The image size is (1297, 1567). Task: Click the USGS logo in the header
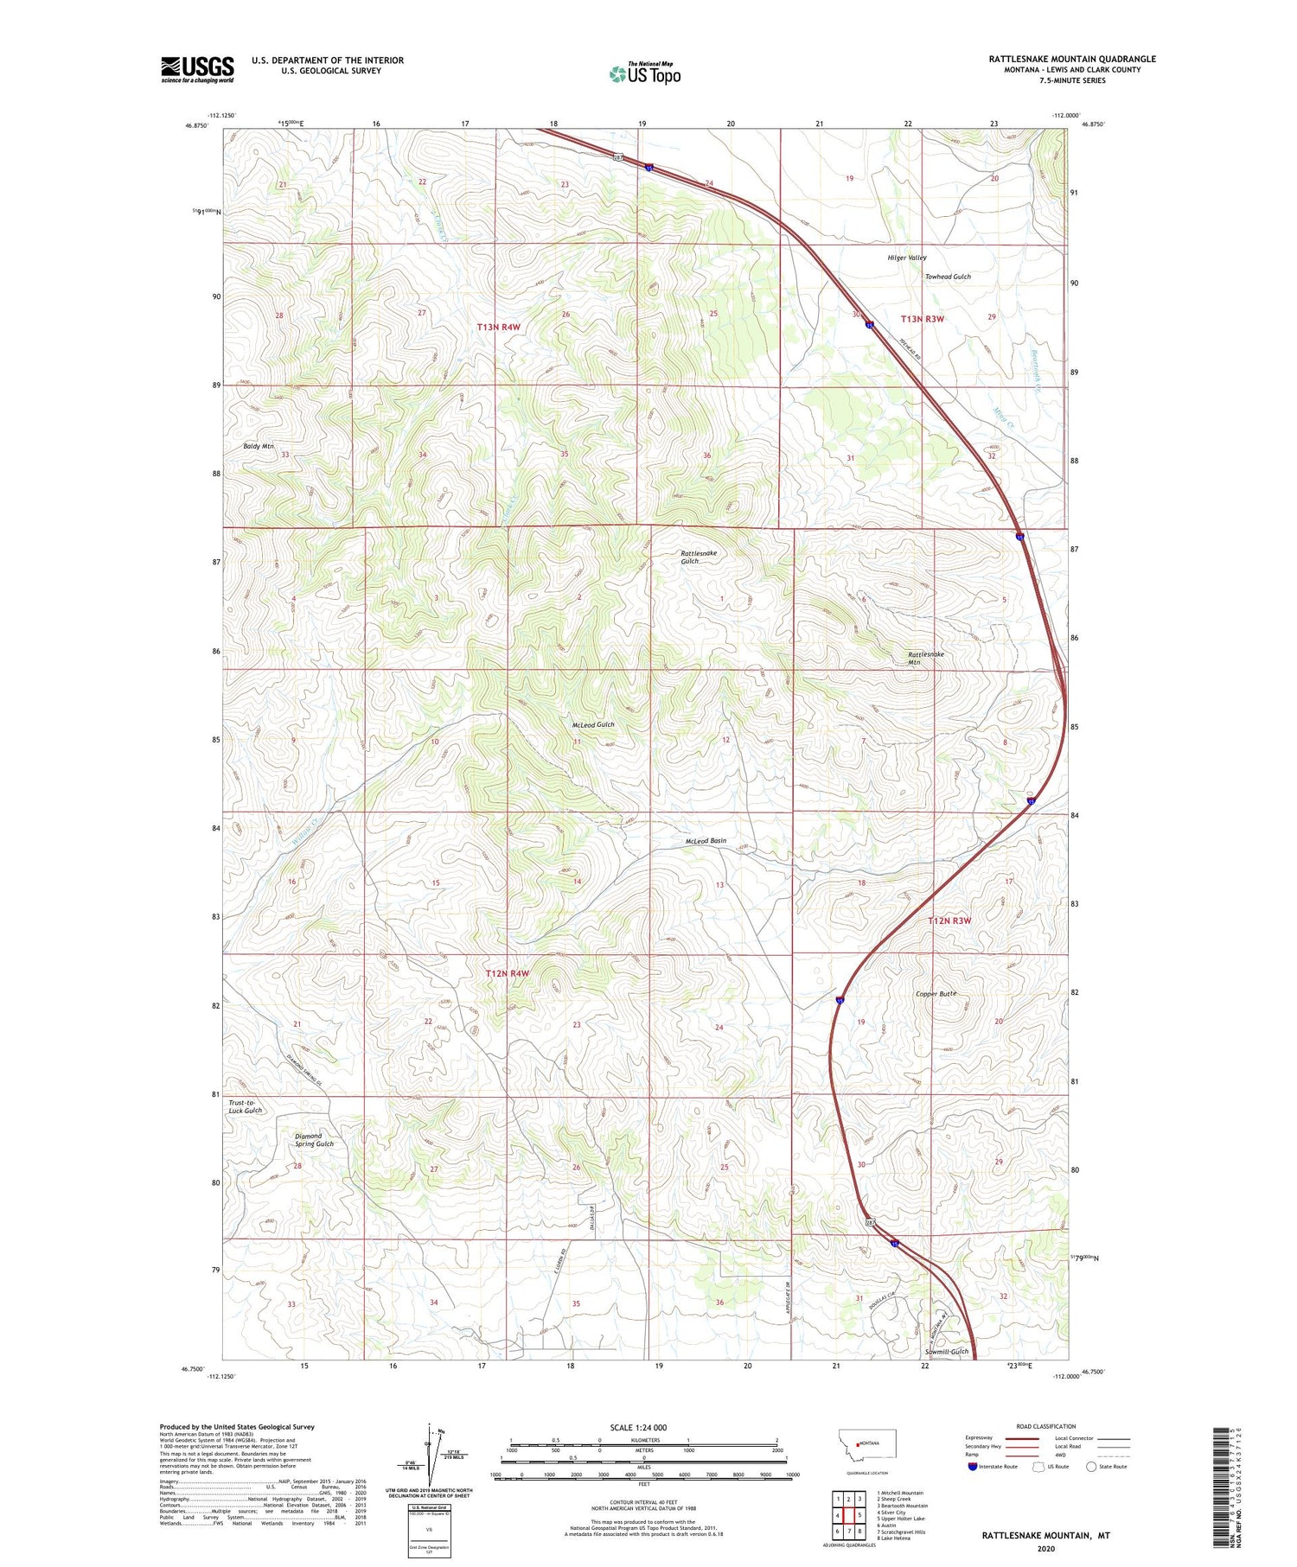(x=197, y=69)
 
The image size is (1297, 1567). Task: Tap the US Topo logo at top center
(x=644, y=73)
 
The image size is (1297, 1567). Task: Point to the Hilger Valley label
(x=906, y=258)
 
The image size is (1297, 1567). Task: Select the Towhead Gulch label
(x=948, y=277)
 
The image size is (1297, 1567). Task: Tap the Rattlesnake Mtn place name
(x=925, y=659)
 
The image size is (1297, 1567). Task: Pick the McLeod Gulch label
(x=593, y=724)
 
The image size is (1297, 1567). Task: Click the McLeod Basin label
(x=706, y=840)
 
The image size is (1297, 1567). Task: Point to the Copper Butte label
(x=936, y=994)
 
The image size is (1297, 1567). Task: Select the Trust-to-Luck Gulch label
(x=245, y=1106)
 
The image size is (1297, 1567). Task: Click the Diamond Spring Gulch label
(x=313, y=1140)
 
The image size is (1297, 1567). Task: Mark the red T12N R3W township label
(x=949, y=920)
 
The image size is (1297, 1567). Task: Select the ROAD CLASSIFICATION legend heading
(x=1046, y=1426)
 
